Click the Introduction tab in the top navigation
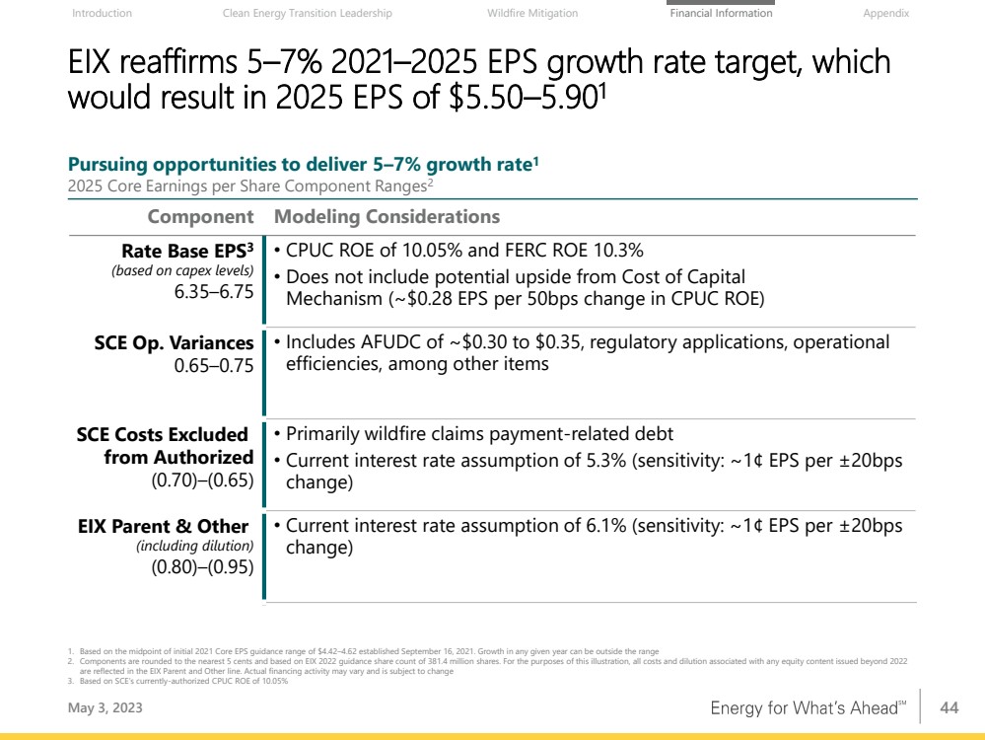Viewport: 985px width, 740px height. [x=103, y=14]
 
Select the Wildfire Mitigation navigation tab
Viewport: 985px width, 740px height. [x=532, y=14]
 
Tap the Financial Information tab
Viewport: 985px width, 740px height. [x=721, y=14]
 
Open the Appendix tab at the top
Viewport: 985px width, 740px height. [x=885, y=14]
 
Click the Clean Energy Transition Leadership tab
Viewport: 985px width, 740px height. [x=308, y=14]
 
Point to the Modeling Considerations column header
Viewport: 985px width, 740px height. [x=387, y=217]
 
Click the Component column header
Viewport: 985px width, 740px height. [x=200, y=217]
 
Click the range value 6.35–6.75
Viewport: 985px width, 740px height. [x=214, y=292]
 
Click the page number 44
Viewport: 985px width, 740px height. [x=950, y=707]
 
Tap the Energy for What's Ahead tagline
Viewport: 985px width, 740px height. [x=806, y=708]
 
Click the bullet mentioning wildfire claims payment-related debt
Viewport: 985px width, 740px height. [x=479, y=434]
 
